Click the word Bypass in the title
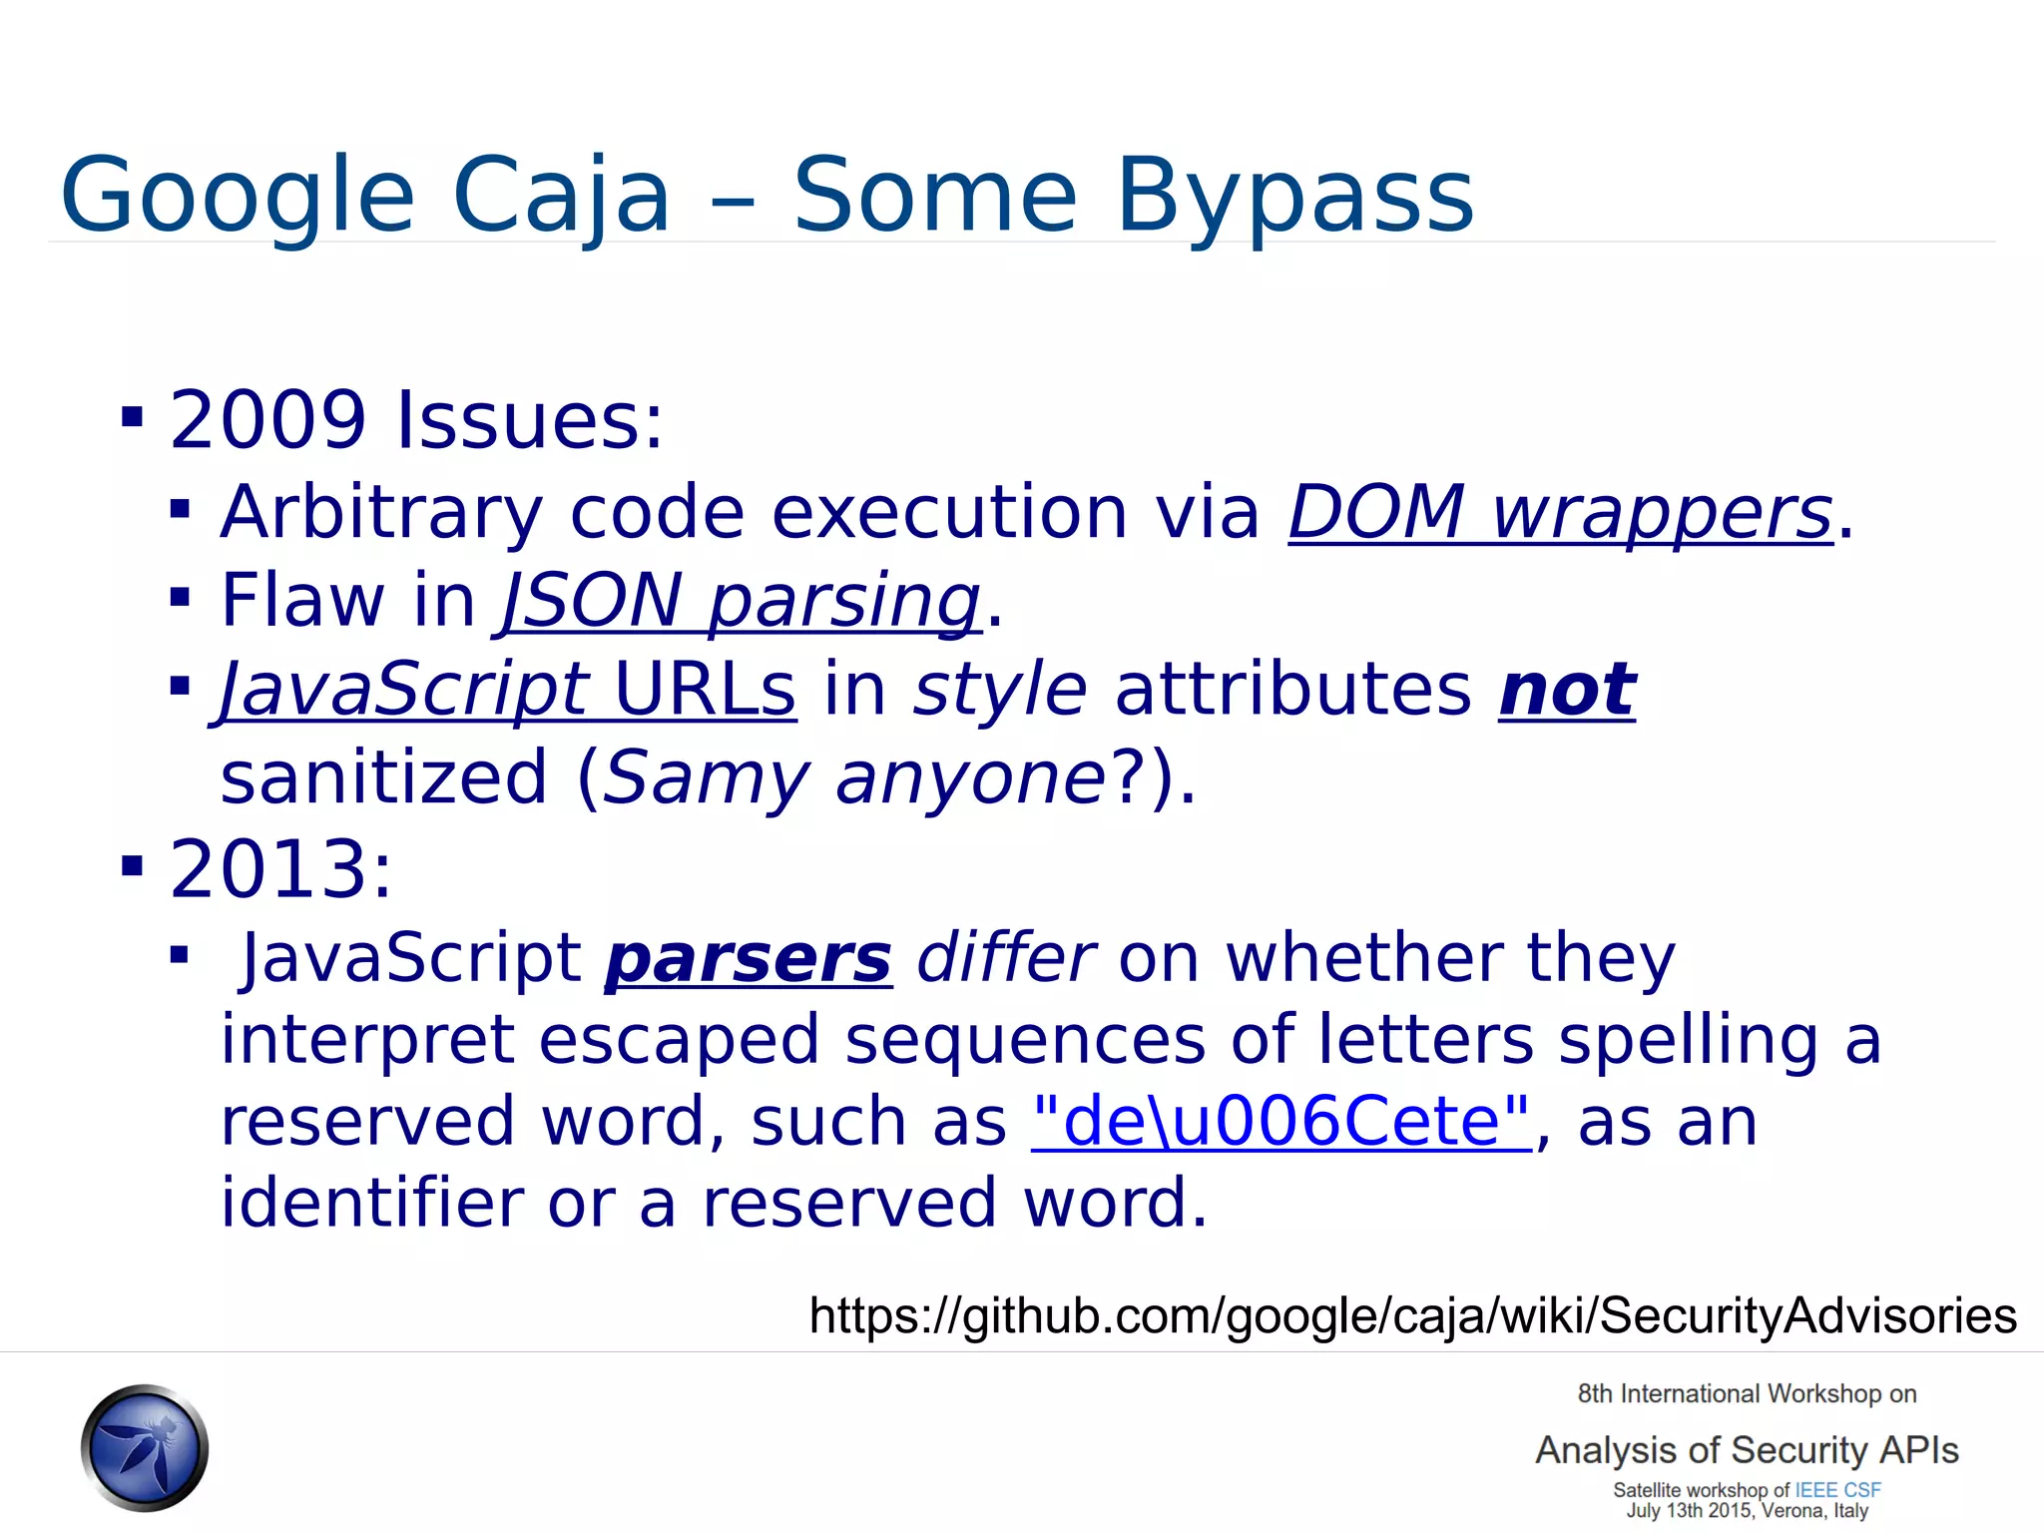click(1293, 197)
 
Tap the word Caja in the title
click(562, 197)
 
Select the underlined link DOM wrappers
click(1561, 513)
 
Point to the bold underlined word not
click(1567, 690)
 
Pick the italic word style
click(1000, 690)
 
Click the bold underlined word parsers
click(749, 959)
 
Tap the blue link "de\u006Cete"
click(1280, 1122)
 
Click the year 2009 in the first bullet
click(268, 420)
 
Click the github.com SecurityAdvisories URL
click(1412, 1315)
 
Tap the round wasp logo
click(145, 1447)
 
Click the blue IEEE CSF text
click(1837, 1490)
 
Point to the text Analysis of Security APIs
click(1747, 1450)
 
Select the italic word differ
click(1005, 959)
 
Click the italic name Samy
click(705, 778)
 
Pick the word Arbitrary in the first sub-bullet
click(381, 513)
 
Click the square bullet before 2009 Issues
click(132, 416)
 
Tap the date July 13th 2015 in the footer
click(1688, 1511)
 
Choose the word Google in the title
click(238, 197)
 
